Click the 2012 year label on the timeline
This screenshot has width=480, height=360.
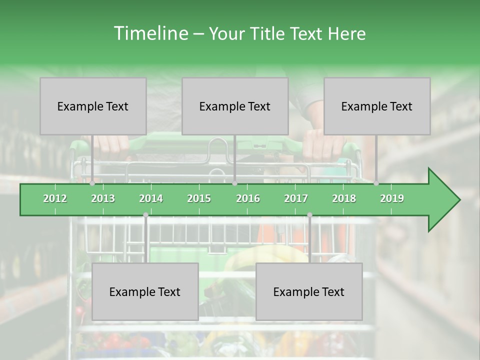(55, 198)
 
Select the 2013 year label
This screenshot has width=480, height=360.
(103, 198)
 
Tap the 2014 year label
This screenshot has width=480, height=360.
(151, 198)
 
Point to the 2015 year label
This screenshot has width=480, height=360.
(199, 198)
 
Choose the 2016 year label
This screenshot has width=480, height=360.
(248, 198)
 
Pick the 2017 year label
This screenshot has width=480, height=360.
(296, 198)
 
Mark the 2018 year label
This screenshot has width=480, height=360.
(344, 198)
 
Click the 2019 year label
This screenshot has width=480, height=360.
(392, 198)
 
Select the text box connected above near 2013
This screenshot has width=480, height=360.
(93, 106)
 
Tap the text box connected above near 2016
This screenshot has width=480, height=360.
(235, 106)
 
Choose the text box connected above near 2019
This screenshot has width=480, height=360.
(377, 106)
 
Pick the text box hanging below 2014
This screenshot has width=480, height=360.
(145, 291)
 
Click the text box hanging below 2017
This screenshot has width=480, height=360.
(309, 291)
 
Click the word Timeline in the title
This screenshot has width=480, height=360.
(150, 33)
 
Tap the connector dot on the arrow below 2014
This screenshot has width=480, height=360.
(145, 215)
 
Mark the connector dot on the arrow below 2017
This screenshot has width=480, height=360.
(309, 215)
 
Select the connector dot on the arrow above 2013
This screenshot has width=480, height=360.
(92, 183)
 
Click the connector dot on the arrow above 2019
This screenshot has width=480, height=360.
(376, 183)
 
